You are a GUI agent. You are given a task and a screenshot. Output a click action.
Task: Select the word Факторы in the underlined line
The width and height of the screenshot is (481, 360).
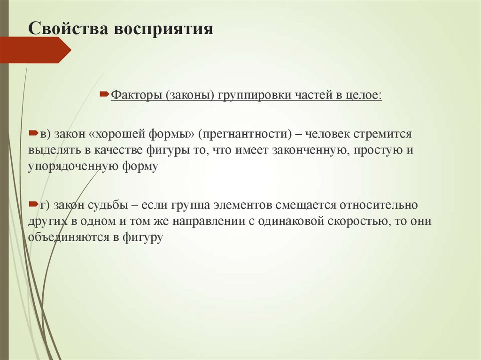(136, 95)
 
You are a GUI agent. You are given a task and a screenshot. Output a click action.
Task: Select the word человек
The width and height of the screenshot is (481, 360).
(329, 134)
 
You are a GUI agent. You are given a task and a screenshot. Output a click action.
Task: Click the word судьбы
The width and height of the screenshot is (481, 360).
(108, 206)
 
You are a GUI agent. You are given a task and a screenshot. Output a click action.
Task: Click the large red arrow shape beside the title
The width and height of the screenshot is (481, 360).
(36, 50)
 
